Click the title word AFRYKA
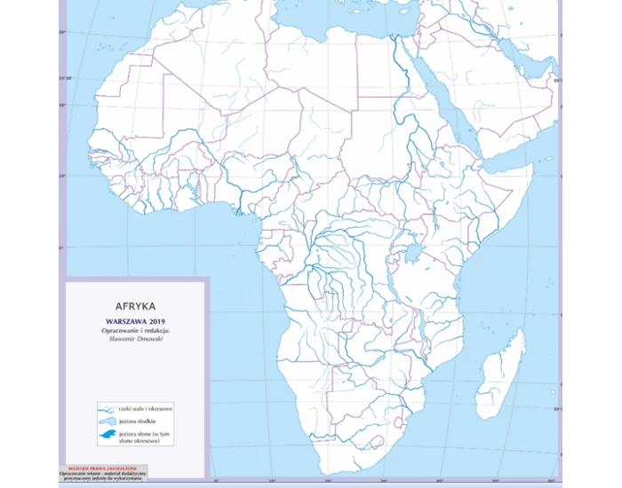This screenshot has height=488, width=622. pyautogui.click(x=135, y=305)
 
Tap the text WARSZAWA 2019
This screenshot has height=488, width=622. pyautogui.click(x=135, y=321)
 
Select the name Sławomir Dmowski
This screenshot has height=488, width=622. pyautogui.click(x=135, y=338)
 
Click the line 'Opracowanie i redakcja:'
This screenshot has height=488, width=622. pyautogui.click(x=135, y=330)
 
